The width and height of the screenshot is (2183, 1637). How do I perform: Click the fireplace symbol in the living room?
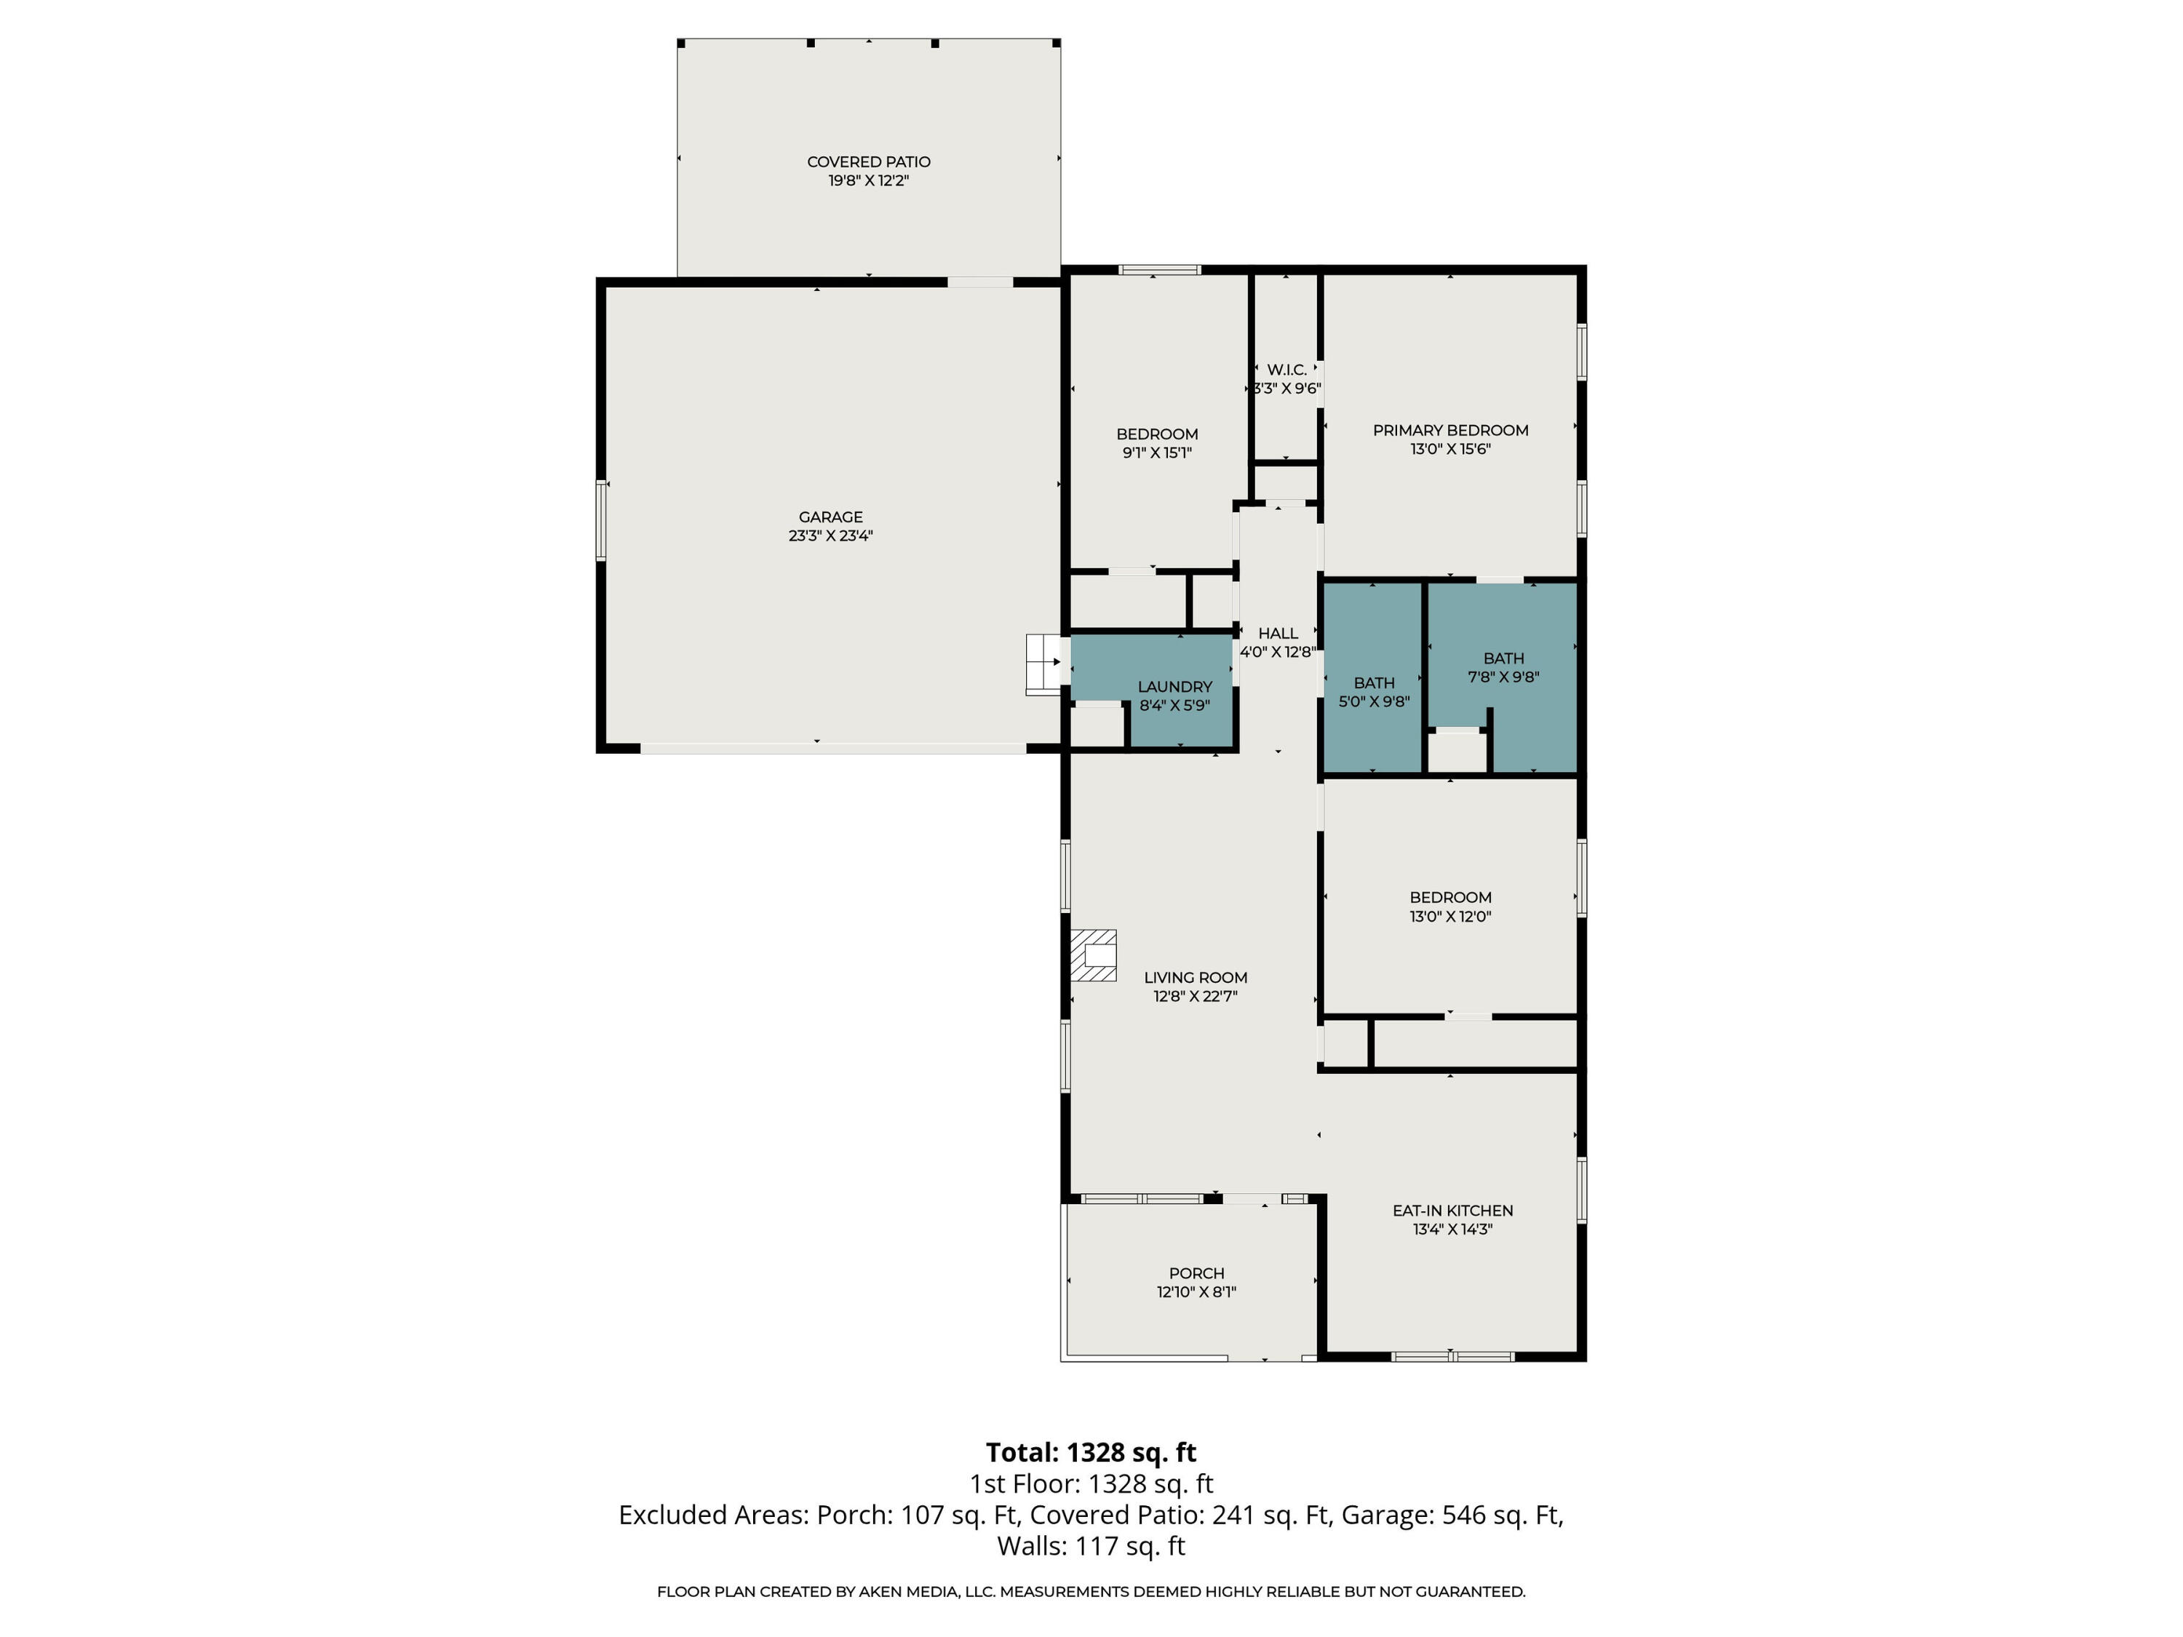tap(1094, 955)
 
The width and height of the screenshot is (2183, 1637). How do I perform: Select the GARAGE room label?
tap(830, 517)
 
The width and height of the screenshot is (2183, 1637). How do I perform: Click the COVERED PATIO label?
tap(868, 162)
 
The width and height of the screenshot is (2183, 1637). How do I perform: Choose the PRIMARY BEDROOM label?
tap(1450, 430)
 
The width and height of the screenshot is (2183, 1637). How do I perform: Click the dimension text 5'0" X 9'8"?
tap(1374, 701)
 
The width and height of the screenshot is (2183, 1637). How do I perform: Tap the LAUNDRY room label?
tap(1174, 687)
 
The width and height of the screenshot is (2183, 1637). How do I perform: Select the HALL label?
tap(1278, 634)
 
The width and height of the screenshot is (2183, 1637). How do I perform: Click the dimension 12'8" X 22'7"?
tap(1195, 997)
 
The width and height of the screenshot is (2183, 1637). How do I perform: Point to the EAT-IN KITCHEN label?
tap(1452, 1211)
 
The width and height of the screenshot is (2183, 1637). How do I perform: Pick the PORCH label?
tap(1196, 1274)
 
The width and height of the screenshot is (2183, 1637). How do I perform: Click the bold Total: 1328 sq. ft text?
tap(1091, 1452)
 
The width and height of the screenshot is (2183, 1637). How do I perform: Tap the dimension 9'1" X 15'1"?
tap(1157, 453)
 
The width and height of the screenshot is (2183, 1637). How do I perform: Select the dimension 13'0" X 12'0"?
tap(1450, 917)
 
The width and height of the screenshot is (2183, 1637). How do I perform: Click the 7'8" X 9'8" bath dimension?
tap(1503, 677)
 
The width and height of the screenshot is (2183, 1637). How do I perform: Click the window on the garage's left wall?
tap(601, 520)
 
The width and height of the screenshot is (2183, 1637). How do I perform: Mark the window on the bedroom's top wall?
tap(1160, 269)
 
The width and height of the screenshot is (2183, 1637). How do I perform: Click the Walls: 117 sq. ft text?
tap(1091, 1546)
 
